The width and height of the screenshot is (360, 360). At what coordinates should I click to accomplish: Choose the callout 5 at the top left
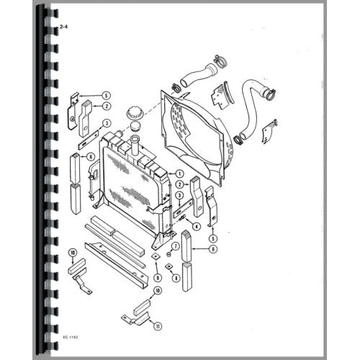(x=106, y=96)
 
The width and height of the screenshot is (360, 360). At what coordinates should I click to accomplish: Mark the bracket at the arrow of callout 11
(x=135, y=316)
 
